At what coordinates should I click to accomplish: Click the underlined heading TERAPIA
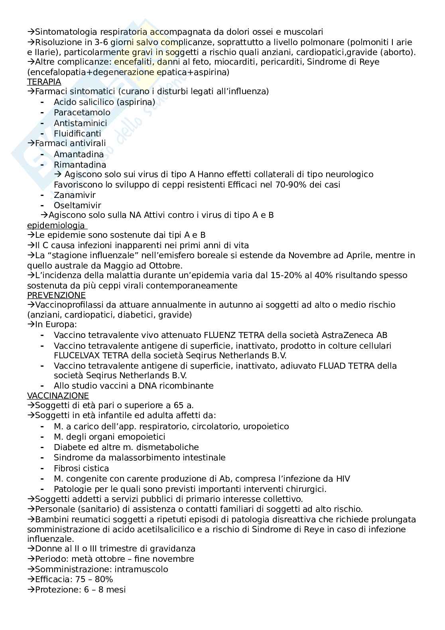pyautogui.click(x=44, y=82)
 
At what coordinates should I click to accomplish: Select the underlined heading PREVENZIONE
pyautogui.click(x=56, y=295)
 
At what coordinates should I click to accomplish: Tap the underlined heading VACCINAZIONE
pyautogui.click(x=58, y=396)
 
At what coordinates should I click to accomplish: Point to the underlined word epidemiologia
pyautogui.click(x=56, y=225)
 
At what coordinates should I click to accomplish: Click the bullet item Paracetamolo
pyautogui.click(x=82, y=113)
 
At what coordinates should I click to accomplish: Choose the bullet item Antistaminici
pyautogui.click(x=81, y=123)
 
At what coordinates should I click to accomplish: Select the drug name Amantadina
pyautogui.click(x=79, y=154)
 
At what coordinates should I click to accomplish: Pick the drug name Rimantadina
pyautogui.click(x=80, y=165)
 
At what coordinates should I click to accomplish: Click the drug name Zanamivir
pyautogui.click(x=75, y=195)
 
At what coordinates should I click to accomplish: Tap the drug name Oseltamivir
pyautogui.click(x=77, y=205)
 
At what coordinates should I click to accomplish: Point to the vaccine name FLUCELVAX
pyautogui.click(x=74, y=355)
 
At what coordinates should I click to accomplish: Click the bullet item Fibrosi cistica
pyautogui.click(x=81, y=468)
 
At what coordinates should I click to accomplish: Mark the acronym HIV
pyautogui.click(x=342, y=479)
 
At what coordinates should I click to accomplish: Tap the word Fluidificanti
pyautogui.click(x=77, y=134)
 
